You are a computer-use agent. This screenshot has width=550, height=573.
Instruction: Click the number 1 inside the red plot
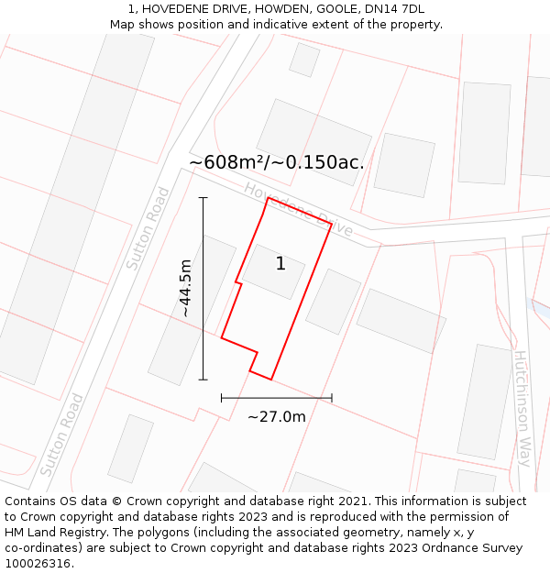click(x=280, y=264)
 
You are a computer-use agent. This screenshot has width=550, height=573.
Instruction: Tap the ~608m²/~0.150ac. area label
click(x=277, y=162)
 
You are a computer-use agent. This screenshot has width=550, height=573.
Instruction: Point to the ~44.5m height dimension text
click(x=185, y=288)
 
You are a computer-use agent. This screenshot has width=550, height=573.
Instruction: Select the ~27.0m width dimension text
click(x=276, y=416)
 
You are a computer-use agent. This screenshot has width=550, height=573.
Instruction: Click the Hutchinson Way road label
click(x=522, y=408)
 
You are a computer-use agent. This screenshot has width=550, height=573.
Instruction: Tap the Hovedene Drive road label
click(x=298, y=208)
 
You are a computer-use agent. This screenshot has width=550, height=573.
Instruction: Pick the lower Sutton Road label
click(x=62, y=435)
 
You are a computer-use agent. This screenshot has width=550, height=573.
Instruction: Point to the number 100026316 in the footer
click(x=38, y=563)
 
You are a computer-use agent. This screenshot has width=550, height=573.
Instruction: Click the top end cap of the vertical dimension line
click(x=203, y=197)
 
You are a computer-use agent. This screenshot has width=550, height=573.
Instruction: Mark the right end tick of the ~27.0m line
click(x=332, y=398)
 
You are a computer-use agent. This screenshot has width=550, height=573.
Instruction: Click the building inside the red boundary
click(x=273, y=271)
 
